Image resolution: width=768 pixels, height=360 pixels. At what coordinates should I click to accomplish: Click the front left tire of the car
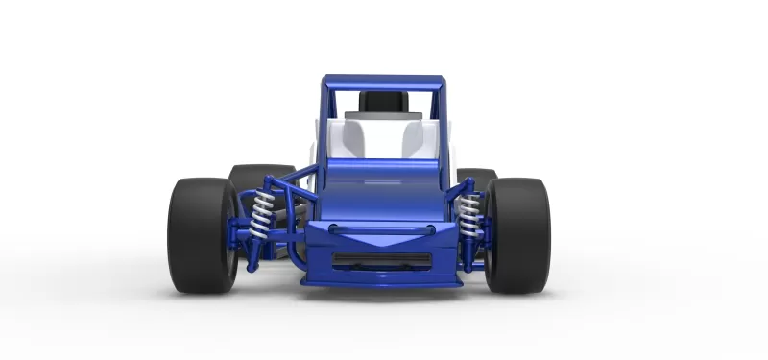click(x=202, y=235)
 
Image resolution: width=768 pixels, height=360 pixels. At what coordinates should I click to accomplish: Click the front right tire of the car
click(x=517, y=235)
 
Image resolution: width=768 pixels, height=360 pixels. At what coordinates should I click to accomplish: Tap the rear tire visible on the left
click(x=252, y=178)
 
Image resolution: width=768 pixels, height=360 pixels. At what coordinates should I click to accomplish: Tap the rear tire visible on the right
click(x=477, y=178)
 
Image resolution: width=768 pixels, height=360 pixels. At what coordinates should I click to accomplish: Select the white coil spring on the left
click(x=261, y=217)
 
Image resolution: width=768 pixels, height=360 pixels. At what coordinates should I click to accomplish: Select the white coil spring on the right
click(x=469, y=217)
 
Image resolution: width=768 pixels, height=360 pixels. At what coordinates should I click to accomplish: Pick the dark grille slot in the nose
click(x=382, y=259)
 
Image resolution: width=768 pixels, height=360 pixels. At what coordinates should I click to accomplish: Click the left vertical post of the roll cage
click(x=324, y=125)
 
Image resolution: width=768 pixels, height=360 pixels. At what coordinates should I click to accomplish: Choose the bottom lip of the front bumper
click(x=382, y=281)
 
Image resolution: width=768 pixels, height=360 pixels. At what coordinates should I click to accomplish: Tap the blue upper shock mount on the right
click(x=461, y=192)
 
